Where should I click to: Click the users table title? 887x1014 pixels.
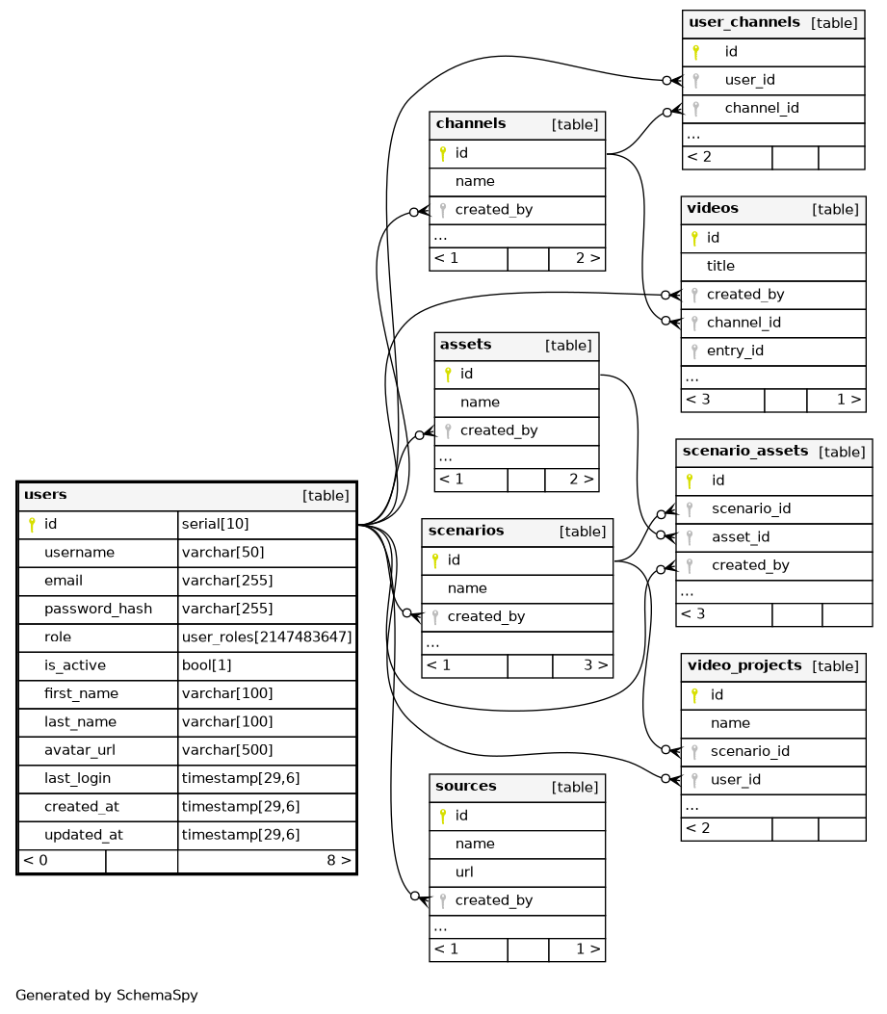[45, 495]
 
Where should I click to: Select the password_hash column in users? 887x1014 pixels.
[91, 609]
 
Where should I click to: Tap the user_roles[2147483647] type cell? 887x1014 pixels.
[267, 637]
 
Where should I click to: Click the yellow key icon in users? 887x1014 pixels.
[31, 525]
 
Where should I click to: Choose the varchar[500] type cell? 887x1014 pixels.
[227, 750]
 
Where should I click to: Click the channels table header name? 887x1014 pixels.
[471, 124]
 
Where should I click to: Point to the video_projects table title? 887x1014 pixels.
[745, 666]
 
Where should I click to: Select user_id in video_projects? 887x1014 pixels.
[736, 779]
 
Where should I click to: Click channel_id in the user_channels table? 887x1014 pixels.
[762, 108]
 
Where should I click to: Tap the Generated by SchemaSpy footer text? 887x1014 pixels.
[107, 995]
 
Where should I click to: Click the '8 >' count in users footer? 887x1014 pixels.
[339, 860]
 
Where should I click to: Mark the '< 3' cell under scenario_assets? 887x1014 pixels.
[693, 613]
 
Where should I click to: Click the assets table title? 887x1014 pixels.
[466, 345]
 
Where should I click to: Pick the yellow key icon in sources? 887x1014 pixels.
[442, 816]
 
